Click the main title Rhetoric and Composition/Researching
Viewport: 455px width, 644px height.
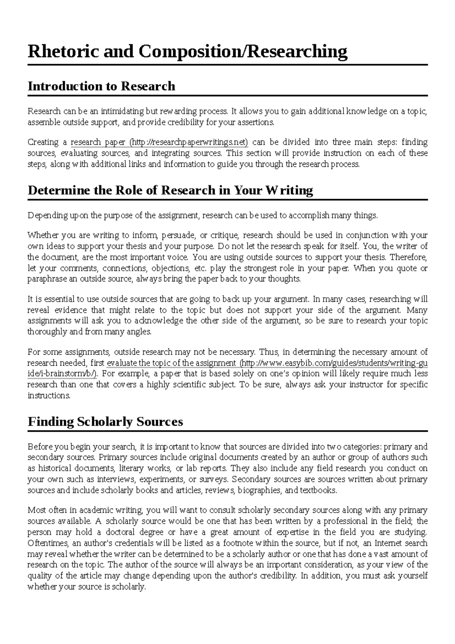pyautogui.click(x=187, y=52)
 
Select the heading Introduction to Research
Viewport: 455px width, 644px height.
pyautogui.click(x=101, y=86)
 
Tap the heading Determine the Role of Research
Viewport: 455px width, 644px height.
pyautogui.click(x=170, y=190)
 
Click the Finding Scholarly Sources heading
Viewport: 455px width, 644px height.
pyautogui.click(x=105, y=421)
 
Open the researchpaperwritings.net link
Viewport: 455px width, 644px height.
pyautogui.click(x=188, y=143)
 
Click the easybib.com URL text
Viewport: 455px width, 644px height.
pyautogui.click(x=334, y=363)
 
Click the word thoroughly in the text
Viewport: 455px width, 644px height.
pyautogui.click(x=47, y=332)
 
